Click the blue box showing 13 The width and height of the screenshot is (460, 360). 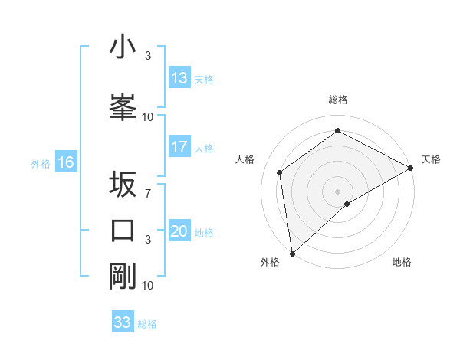(x=179, y=78)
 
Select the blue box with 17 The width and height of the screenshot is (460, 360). (x=179, y=147)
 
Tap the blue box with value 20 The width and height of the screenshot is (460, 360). (x=179, y=231)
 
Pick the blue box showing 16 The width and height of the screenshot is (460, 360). (x=65, y=162)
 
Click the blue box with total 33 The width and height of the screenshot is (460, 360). (x=123, y=322)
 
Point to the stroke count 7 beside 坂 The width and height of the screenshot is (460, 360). (x=147, y=194)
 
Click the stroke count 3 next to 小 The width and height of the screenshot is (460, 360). (x=147, y=56)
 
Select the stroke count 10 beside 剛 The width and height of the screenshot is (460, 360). (x=147, y=285)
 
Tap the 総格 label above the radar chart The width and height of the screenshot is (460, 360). (x=337, y=100)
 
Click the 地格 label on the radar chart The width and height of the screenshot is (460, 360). (x=402, y=262)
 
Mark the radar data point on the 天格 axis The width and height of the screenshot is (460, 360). (x=411, y=168)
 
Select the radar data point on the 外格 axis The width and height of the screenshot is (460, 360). (x=292, y=253)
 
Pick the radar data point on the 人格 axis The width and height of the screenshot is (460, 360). (x=280, y=172)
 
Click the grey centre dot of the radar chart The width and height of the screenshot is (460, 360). (x=337, y=190)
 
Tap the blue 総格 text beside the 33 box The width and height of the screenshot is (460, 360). (x=147, y=323)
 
